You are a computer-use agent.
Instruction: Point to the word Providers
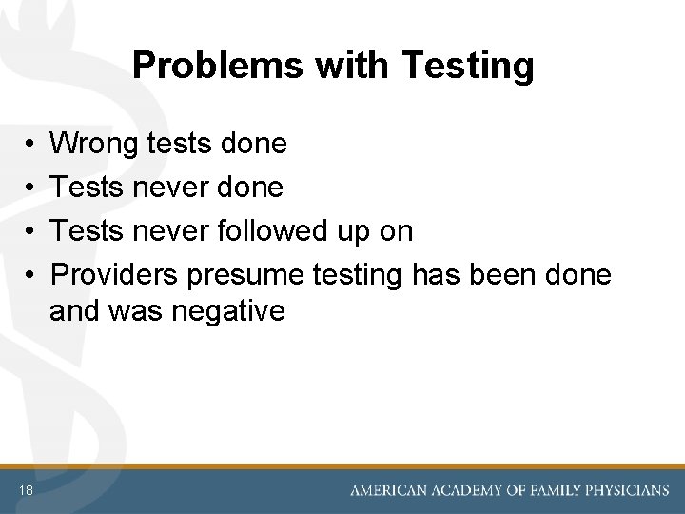point(115,274)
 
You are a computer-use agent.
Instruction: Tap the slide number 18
point(24,490)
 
